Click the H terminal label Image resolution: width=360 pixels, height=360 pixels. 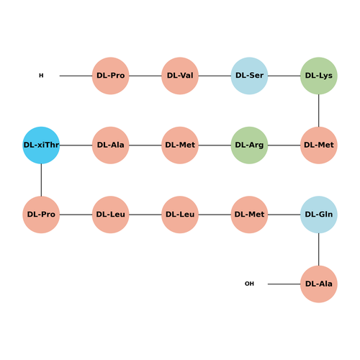coord(41,76)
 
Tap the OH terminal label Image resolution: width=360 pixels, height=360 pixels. coord(249,284)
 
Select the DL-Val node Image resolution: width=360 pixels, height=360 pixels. coord(180,76)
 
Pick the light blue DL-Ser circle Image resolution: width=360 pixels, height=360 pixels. coord(249,76)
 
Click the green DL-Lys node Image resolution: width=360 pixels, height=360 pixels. coord(319,76)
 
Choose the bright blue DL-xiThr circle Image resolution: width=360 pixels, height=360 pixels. coord(41,145)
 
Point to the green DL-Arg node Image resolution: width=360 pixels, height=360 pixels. coord(249,145)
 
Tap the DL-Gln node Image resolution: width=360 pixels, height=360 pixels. coord(319,215)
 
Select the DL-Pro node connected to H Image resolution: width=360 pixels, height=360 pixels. coord(111,76)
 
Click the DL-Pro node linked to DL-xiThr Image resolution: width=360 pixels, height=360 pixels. coord(41,215)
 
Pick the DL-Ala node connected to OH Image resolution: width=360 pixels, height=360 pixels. coord(319,284)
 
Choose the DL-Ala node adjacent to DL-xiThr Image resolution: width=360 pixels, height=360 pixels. coord(111,145)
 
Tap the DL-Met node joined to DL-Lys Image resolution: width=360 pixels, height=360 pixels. coord(319,145)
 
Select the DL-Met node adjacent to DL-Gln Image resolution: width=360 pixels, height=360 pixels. coord(249,215)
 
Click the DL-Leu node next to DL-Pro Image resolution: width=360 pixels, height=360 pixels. coord(111,215)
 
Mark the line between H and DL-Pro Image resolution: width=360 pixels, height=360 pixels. coord(76,76)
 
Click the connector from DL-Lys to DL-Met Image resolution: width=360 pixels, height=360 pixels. coord(319,110)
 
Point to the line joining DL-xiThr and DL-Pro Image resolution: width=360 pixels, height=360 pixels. coord(41,180)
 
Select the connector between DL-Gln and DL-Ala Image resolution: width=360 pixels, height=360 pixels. coord(319,249)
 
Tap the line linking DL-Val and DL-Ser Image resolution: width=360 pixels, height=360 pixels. coord(215,76)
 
